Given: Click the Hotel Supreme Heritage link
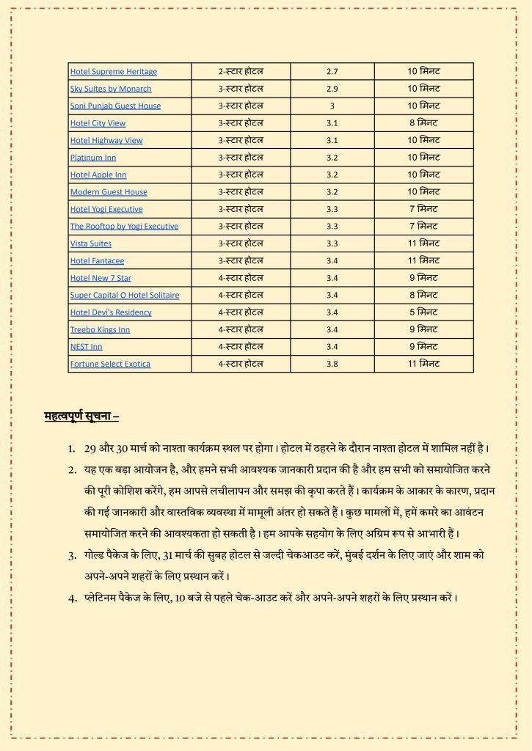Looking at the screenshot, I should [x=113, y=72].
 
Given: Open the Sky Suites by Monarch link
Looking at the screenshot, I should [x=111, y=89].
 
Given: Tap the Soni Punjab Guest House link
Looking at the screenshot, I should [x=115, y=106].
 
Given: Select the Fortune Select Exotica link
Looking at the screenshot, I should [x=110, y=364].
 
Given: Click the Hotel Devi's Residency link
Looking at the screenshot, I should [x=111, y=312].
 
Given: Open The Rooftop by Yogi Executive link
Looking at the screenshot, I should [x=124, y=227].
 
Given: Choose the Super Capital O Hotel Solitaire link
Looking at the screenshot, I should [x=125, y=296].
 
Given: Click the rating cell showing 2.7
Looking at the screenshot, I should [x=332, y=72].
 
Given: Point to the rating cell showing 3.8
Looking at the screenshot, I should [x=332, y=364].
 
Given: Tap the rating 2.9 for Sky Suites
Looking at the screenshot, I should [x=332, y=89].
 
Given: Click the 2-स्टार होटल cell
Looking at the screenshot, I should [x=241, y=72].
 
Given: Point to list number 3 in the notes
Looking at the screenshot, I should [x=72, y=556].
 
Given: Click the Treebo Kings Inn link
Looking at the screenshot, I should [x=100, y=330].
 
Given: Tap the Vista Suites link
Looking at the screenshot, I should [x=91, y=243].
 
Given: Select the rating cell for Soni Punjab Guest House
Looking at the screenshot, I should [x=332, y=106].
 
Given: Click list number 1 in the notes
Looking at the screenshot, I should [x=72, y=448].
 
